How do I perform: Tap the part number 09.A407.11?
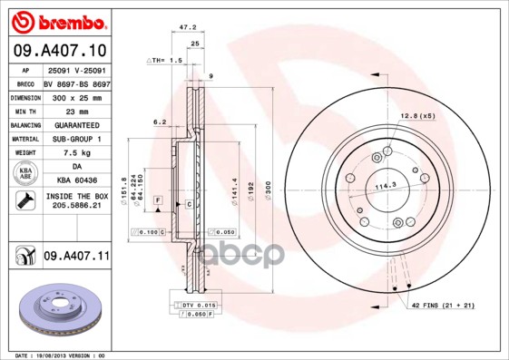[x=75, y=257]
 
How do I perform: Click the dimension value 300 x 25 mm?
[x=76, y=95]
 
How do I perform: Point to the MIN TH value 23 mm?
[x=76, y=110]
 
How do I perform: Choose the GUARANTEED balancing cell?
[x=76, y=124]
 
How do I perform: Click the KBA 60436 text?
[x=76, y=180]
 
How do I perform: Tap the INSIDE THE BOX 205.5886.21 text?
[x=76, y=202]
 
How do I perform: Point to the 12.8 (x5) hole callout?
[x=416, y=115]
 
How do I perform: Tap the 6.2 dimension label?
[x=159, y=121]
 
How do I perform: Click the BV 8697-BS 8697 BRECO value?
[x=76, y=82]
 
